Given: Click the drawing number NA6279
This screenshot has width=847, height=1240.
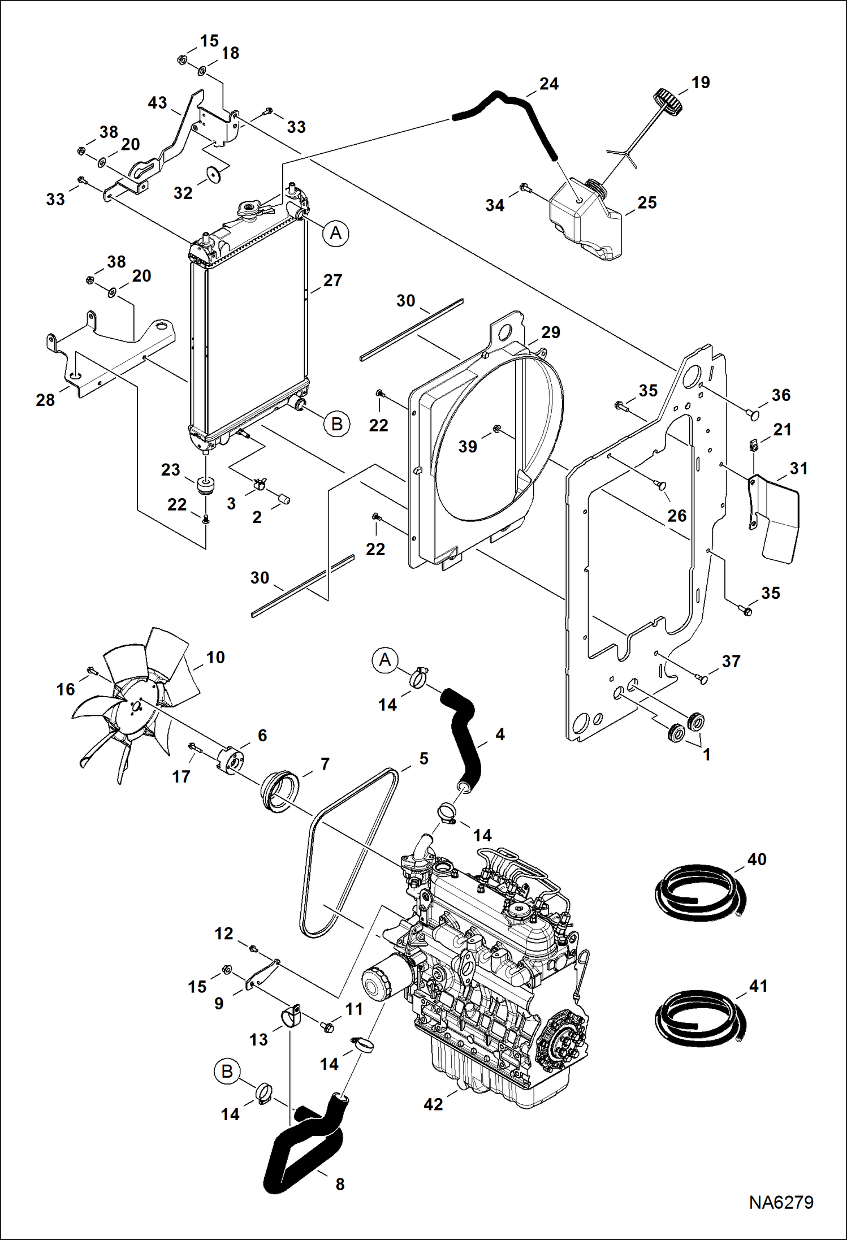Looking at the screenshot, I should pyautogui.click(x=781, y=1202).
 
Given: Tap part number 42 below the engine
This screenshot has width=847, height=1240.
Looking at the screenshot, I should pyautogui.click(x=433, y=1104).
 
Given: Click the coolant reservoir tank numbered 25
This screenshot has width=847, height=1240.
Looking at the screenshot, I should pyautogui.click(x=585, y=223).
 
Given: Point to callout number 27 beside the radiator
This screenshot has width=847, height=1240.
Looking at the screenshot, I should pyautogui.click(x=332, y=280).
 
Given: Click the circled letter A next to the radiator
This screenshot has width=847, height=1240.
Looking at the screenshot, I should pyautogui.click(x=336, y=233).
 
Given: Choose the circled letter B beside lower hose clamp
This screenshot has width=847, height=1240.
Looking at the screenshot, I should pyautogui.click(x=227, y=1072).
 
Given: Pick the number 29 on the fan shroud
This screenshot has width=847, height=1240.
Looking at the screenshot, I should pyautogui.click(x=550, y=332).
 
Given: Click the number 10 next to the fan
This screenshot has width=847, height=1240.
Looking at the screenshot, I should pyautogui.click(x=215, y=657).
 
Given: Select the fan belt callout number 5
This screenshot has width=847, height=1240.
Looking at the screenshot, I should pyautogui.click(x=423, y=758).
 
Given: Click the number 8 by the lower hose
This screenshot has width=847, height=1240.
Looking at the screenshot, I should pyautogui.click(x=340, y=1184).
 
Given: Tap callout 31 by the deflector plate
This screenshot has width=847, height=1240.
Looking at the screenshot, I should pyautogui.click(x=798, y=468).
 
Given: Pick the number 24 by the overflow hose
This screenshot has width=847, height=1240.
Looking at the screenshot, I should pyautogui.click(x=548, y=84).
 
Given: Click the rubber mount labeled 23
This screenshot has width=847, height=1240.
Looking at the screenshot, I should pyautogui.click(x=207, y=485).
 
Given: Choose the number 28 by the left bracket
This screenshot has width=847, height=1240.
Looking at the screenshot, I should pyautogui.click(x=45, y=400).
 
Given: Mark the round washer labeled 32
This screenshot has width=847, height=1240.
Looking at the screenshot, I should pyautogui.click(x=214, y=174).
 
